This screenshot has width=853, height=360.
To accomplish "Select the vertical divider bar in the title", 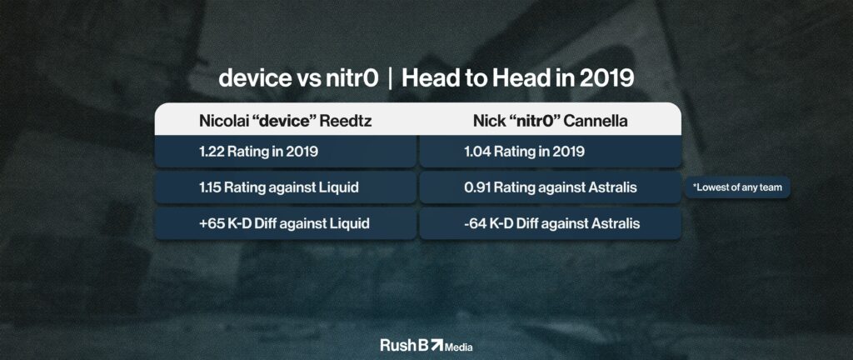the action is (390, 79).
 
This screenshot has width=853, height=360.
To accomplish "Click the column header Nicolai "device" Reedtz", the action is (286, 121).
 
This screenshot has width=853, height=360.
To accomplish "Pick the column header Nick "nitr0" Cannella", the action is (550, 121).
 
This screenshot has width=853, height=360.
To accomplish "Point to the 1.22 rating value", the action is (211, 152).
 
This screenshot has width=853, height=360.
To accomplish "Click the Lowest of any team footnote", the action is (737, 187).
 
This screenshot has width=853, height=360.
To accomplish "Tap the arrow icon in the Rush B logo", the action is (436, 345).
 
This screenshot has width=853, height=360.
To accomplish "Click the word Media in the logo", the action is (459, 347).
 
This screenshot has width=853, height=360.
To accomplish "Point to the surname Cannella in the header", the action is (596, 121).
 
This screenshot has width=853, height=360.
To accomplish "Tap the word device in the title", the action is (255, 79).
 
